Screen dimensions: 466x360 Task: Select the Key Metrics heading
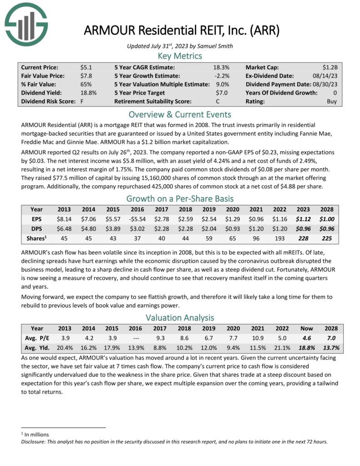tap(180, 56)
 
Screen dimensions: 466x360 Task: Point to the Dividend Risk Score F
tap(82, 101)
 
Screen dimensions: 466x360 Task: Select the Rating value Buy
tap(332, 101)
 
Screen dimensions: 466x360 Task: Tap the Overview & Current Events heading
tap(180, 114)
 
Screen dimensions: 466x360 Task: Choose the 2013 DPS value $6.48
tap(64, 228)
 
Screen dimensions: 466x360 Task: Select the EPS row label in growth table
tap(37, 219)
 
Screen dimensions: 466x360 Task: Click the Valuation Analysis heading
tap(180, 317)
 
